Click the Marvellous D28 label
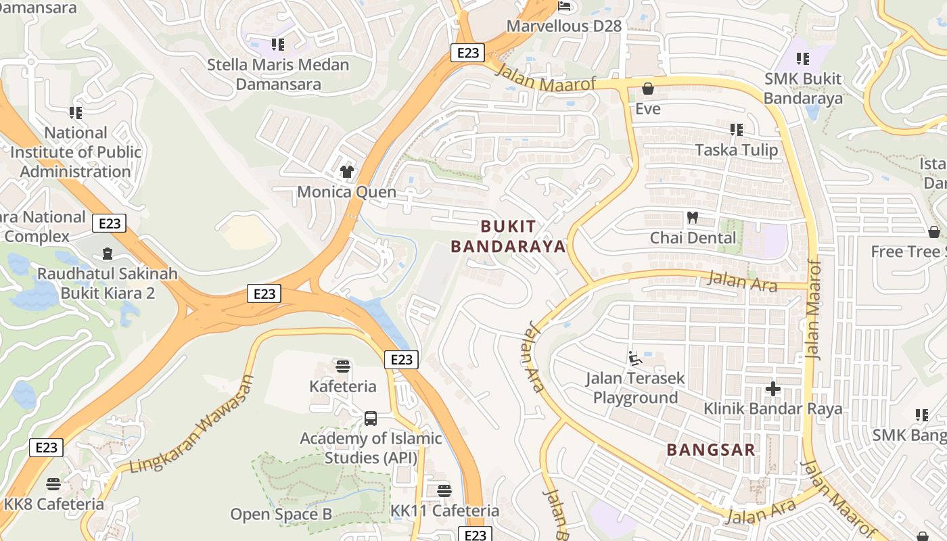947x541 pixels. pos(564,26)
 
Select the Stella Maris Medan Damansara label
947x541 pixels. pos(278,74)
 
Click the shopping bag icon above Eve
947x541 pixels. pos(647,89)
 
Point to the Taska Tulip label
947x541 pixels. pos(737,149)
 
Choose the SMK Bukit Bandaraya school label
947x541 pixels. pos(803,89)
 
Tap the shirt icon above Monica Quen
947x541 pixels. pos(347,172)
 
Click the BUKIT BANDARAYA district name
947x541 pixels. pos(508,236)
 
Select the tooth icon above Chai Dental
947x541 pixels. pos(692,218)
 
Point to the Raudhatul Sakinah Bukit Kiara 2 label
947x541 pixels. pos(108,283)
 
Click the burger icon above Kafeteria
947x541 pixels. pos(343,367)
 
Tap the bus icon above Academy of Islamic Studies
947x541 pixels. pos(371,419)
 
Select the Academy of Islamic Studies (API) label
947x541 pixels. pos(371,448)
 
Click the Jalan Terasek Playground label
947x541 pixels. pos(635,387)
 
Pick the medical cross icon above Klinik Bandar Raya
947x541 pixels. pos(772,389)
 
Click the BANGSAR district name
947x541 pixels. pos(711,450)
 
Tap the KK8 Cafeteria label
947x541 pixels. pos(54,504)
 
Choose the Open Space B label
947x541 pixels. pos(281,515)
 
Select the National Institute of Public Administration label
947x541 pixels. pos(75,152)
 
